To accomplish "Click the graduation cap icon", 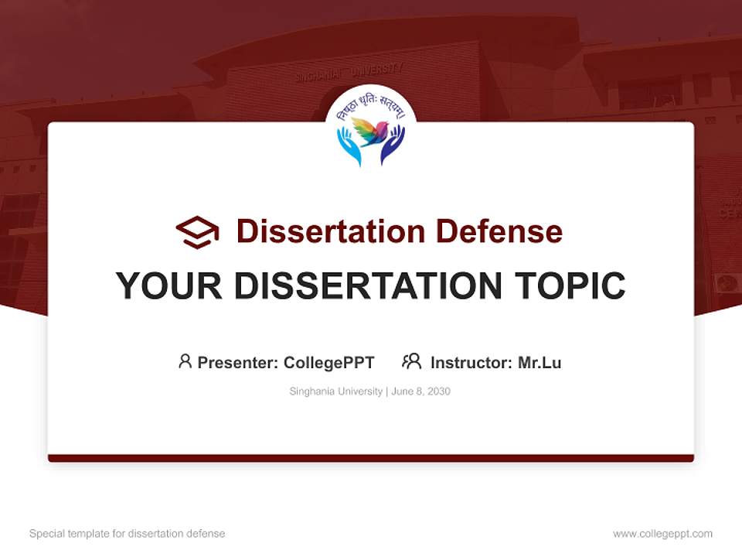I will point(197,232).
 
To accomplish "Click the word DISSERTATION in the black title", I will point(366,286).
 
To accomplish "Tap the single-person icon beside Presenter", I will point(185,361).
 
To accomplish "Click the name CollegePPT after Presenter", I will point(329,363).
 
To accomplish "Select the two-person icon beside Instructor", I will point(412,361).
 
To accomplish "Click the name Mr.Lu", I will point(539,363).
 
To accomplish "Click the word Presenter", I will point(237,363).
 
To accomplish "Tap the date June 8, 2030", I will point(421,391).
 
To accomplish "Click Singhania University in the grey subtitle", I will point(335,391).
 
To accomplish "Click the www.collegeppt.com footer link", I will point(662,534).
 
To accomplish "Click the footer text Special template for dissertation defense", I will point(128,534).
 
